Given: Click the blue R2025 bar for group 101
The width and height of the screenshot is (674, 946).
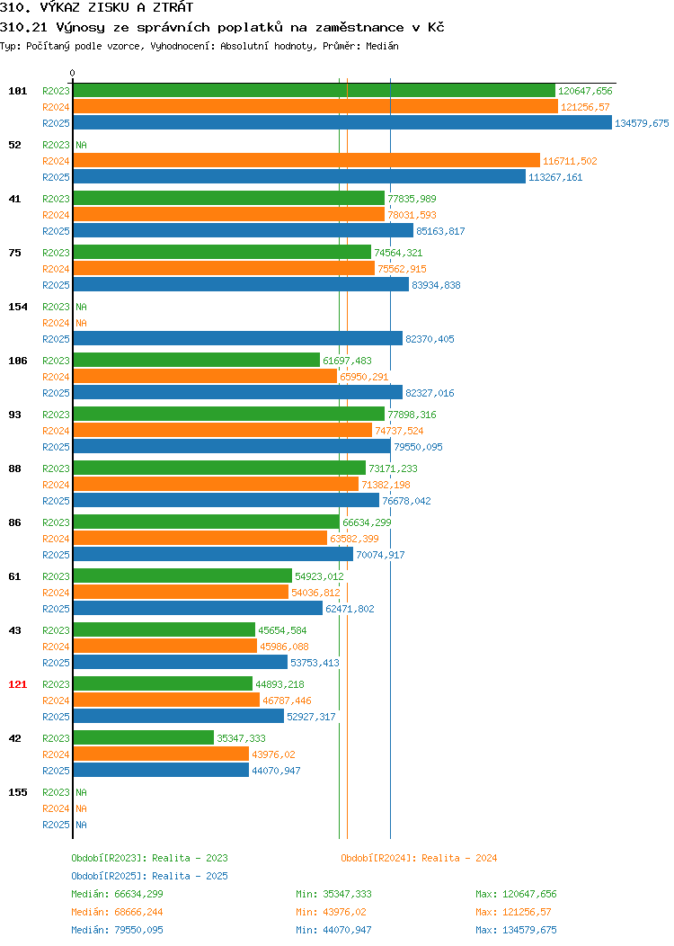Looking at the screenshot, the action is coord(342,123).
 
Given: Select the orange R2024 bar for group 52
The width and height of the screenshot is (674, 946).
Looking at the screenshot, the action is coord(306,160).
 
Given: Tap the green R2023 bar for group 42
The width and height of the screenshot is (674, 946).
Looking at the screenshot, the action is coord(144,738).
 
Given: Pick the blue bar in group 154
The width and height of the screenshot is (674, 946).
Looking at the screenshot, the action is coord(238,339).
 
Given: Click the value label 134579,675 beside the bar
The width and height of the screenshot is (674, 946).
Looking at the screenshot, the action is coord(642,123).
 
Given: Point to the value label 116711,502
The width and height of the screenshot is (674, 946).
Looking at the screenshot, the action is coord(571,161).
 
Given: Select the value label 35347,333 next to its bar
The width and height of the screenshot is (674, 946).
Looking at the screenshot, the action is coord(241,738).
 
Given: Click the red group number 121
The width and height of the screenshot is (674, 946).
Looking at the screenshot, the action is coord(17,684).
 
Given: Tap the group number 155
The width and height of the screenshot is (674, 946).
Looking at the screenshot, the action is coord(17,792).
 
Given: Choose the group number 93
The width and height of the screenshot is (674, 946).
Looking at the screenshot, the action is coord(14,415).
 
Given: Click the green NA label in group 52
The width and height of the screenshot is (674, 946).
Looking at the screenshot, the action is coord(82,145).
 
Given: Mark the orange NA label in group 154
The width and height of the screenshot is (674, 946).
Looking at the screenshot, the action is coord(82,323).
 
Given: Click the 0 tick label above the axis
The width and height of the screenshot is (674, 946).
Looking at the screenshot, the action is coord(73,73).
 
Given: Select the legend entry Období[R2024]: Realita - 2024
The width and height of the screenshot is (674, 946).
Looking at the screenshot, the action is coord(419,858).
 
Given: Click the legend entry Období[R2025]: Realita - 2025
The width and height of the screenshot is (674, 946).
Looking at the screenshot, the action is coord(149,876).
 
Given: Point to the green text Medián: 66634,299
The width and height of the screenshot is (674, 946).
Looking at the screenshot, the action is coord(117,894).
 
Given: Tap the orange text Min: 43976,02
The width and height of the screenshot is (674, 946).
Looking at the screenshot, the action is coord(331,912).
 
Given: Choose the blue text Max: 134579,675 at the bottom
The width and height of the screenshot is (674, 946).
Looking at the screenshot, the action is coord(516,931).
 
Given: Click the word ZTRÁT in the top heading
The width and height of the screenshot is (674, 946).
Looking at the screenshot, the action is coord(173,7).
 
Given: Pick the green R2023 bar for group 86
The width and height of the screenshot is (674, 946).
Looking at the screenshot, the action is coord(207,522).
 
